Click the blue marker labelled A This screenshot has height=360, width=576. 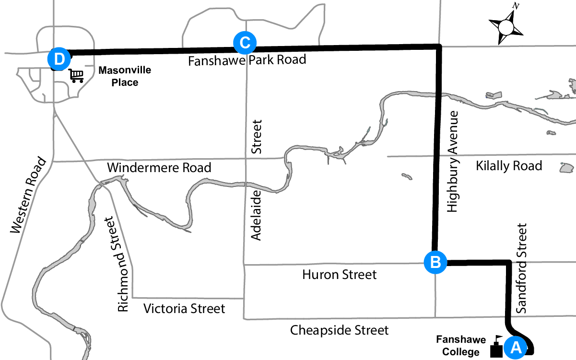(x=516, y=346)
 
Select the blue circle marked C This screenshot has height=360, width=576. (x=245, y=43)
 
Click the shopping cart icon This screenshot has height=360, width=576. (x=76, y=76)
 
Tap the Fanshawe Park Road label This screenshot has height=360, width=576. (x=247, y=60)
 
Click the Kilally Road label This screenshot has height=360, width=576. (x=509, y=166)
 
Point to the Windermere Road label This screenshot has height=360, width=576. (x=159, y=168)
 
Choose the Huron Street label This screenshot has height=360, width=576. (x=340, y=275)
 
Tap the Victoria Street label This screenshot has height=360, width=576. (x=184, y=308)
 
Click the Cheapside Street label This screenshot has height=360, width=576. (x=340, y=330)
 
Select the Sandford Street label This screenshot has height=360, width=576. (x=522, y=268)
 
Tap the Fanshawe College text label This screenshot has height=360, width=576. (x=458, y=346)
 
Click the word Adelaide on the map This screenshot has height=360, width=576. (x=257, y=215)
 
